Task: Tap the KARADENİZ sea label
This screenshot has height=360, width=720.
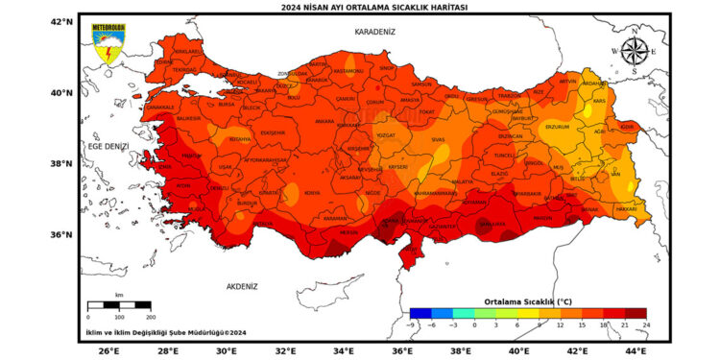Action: click(374, 32)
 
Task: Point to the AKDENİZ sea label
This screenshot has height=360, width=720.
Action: click(242, 286)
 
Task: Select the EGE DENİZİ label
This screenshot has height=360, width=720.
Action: click(108, 146)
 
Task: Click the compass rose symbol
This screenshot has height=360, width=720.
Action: click(634, 50)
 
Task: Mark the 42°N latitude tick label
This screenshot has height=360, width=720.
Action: click(62, 21)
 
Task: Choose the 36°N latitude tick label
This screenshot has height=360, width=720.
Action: click(62, 234)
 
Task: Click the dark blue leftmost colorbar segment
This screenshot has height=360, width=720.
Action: click(420, 312)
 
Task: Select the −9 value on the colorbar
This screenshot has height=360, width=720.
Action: click(410, 325)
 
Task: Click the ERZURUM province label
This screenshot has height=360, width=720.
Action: click(557, 126)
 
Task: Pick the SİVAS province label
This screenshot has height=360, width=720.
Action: click(439, 140)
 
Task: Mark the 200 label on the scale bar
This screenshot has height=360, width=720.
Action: click(150, 317)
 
